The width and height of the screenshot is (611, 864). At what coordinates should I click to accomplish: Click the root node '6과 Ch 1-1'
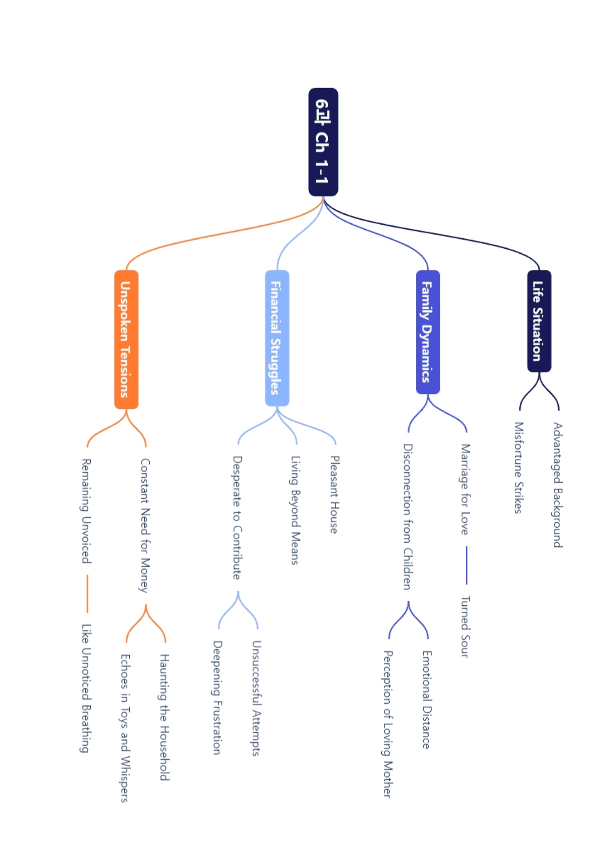323,142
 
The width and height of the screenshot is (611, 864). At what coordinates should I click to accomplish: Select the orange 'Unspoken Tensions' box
126,339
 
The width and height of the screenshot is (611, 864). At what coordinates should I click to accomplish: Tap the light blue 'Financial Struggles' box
277,338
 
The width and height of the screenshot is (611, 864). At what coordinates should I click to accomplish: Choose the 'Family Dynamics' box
428,332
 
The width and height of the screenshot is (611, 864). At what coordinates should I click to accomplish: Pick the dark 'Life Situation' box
539,321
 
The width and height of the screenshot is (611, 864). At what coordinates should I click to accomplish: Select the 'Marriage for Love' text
465,489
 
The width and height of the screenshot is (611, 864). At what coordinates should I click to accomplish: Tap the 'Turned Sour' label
465,627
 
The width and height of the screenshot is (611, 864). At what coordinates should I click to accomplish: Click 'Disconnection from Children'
408,516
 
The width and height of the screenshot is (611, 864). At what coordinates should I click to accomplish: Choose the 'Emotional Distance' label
427,699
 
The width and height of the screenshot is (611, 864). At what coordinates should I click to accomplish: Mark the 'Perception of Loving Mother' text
388,724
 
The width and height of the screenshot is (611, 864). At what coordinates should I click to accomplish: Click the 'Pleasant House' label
335,495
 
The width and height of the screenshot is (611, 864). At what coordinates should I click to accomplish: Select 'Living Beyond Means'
296,510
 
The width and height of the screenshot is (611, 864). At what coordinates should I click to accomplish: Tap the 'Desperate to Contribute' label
237,518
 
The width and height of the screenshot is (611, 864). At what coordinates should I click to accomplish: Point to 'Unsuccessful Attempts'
256,698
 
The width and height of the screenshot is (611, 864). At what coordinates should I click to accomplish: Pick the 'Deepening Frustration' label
218,697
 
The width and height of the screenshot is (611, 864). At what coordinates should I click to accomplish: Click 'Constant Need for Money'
145,525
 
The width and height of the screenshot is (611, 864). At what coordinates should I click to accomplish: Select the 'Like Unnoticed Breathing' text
86,688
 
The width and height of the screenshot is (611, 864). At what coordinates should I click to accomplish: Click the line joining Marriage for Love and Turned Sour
466,565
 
